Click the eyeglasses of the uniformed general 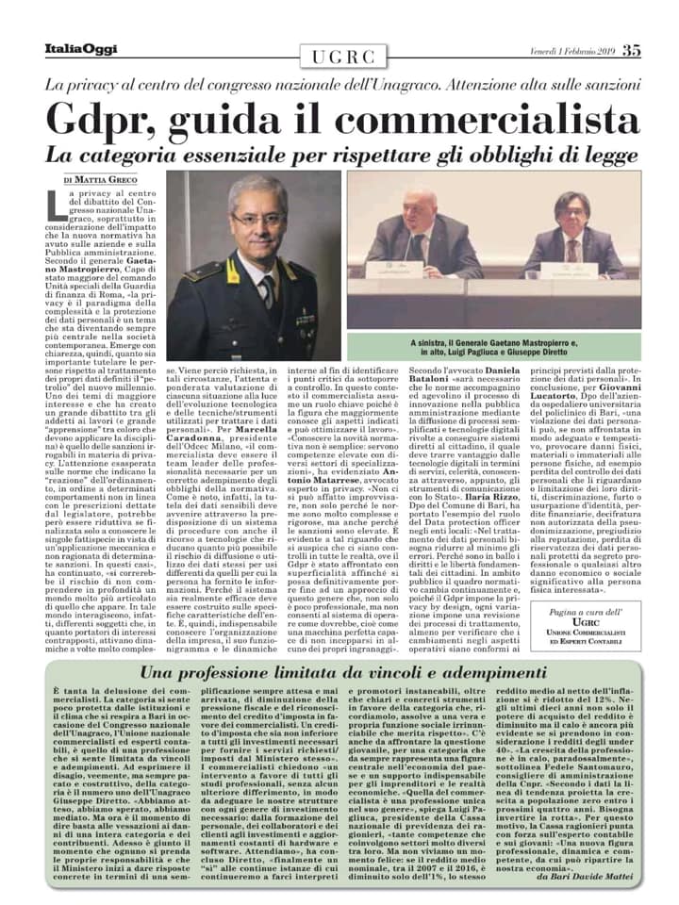256,220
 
